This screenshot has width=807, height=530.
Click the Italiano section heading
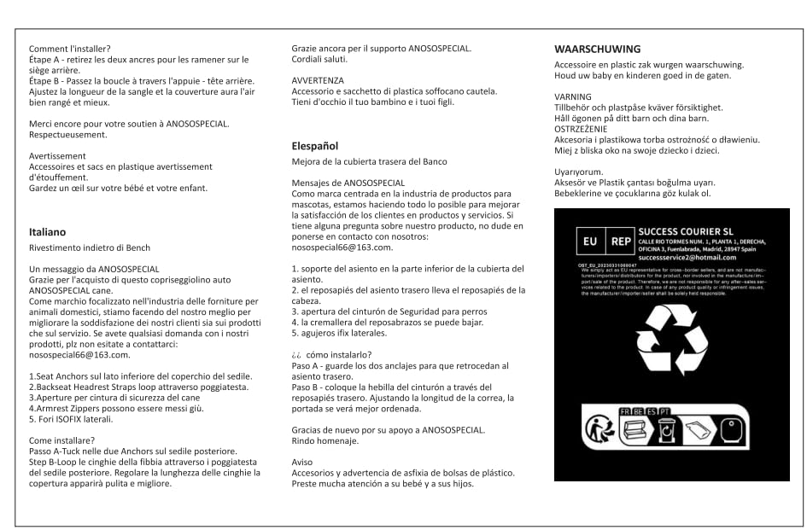pyautogui.click(x=47, y=231)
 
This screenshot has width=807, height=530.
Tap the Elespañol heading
pyautogui.click(x=315, y=146)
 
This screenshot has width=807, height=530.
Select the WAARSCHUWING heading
pyautogui.click(x=597, y=49)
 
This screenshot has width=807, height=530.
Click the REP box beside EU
pyautogui.click(x=620, y=242)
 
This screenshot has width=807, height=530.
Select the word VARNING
pyautogui.click(x=572, y=96)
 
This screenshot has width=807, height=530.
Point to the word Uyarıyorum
pyautogui.click(x=578, y=172)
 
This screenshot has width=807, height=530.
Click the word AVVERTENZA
pyautogui.click(x=318, y=80)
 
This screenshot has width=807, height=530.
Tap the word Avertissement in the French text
pyautogui.click(x=57, y=156)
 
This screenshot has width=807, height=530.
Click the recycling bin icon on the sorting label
pyautogui.click(x=666, y=429)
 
